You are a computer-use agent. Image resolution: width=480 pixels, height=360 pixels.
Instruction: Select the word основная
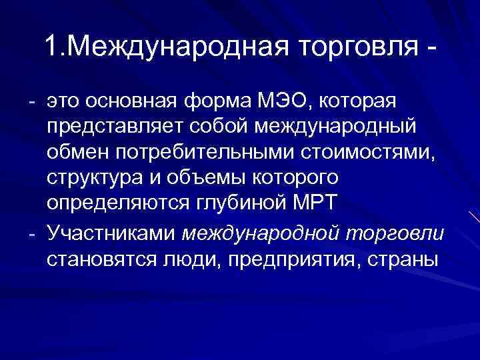click(137, 101)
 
